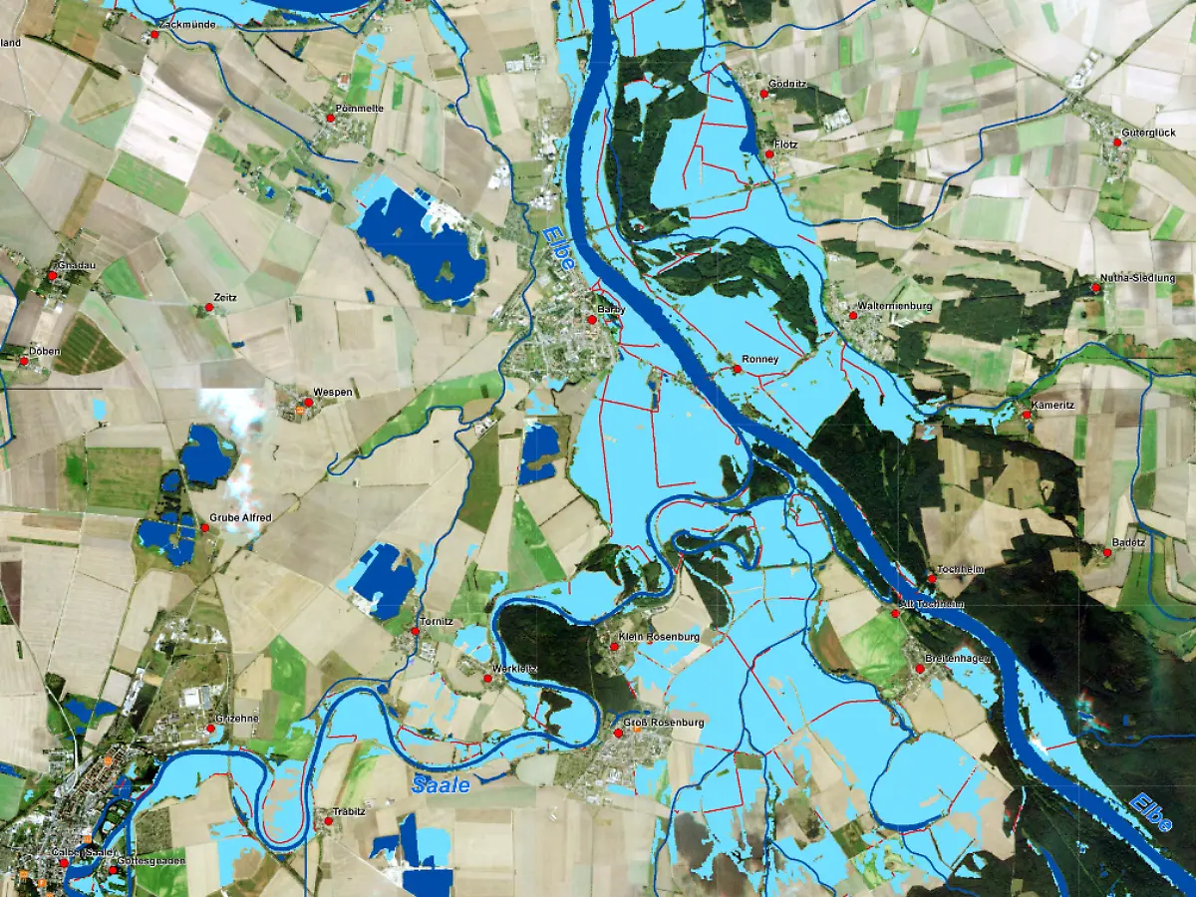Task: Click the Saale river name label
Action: click(x=441, y=785)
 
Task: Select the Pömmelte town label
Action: click(x=360, y=107)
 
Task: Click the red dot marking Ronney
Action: click(x=737, y=370)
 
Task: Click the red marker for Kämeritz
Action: click(x=1026, y=415)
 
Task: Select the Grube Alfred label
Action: click(x=240, y=518)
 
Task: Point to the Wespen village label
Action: click(x=333, y=393)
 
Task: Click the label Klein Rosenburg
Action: click(x=659, y=636)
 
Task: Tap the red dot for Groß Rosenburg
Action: click(x=617, y=734)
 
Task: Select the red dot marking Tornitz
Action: click(x=416, y=631)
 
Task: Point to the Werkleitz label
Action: click(x=516, y=668)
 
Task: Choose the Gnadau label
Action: click(x=76, y=265)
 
